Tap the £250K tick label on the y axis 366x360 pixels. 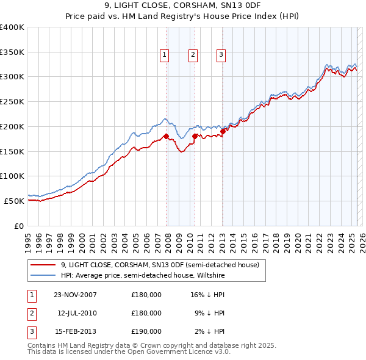[12, 101]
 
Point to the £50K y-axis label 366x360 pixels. [14, 201]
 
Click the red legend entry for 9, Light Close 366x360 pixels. [160, 265]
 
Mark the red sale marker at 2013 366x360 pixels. [223, 131]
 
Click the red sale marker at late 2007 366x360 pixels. [166, 136]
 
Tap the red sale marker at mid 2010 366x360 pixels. [195, 136]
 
